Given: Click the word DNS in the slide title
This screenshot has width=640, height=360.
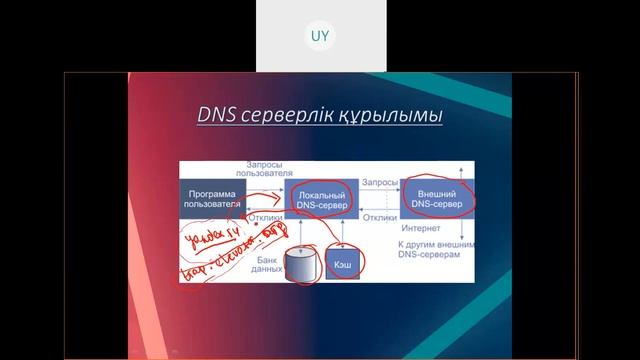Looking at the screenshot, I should [217, 118].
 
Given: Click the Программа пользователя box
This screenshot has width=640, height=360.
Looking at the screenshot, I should [213, 196].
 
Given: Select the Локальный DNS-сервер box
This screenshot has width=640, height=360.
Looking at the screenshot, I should [321, 197].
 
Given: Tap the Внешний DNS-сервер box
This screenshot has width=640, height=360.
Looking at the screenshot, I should [437, 197].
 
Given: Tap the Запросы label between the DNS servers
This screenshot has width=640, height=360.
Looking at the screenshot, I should [380, 184].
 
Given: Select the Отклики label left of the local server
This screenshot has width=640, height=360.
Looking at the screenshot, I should [264, 215].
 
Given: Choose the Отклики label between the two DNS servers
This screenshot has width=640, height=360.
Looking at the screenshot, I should [380, 215].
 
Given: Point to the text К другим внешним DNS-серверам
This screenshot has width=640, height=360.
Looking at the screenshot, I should [435, 250].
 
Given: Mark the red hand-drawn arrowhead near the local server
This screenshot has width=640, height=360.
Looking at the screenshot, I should [281, 199].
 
